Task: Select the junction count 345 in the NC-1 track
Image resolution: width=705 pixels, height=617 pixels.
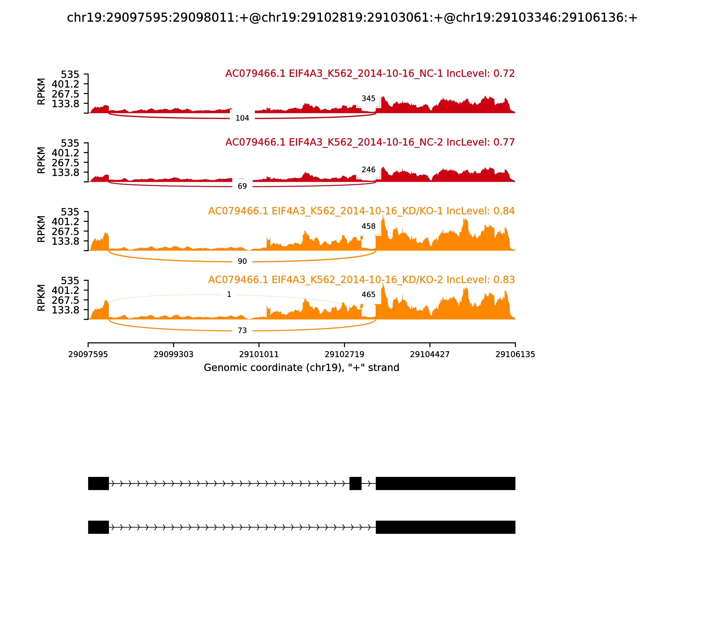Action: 368,98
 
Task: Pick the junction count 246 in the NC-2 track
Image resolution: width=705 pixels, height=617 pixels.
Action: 368,170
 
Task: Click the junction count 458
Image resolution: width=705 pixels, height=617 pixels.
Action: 368,226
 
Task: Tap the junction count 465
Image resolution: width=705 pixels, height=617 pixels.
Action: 368,295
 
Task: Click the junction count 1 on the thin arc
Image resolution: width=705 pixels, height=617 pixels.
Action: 229,294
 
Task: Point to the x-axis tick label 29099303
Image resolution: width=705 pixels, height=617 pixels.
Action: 174,354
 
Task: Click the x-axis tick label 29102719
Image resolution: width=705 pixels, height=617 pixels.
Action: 344,354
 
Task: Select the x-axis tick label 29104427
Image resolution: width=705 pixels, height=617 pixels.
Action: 430,354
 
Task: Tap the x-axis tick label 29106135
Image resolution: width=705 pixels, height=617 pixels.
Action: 515,354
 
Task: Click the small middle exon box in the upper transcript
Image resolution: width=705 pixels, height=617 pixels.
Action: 355,483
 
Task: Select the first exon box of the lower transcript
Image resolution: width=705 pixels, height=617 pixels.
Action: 98,527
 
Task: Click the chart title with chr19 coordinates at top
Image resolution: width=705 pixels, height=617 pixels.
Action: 352,18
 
